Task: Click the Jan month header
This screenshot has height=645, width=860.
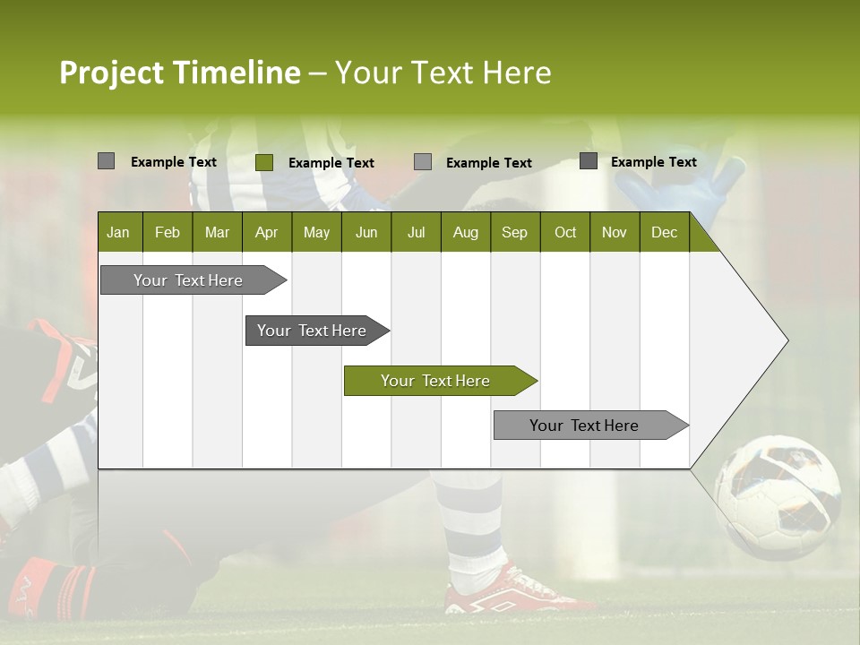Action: tap(118, 232)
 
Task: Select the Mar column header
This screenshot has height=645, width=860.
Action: tap(217, 232)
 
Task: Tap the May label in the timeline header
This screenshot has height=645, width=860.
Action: tap(316, 232)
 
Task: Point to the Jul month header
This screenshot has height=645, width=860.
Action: tap(416, 232)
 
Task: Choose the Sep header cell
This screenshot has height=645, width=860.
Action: tap(514, 232)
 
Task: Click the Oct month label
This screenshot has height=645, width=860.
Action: tap(565, 232)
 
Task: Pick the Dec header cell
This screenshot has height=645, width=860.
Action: tap(664, 232)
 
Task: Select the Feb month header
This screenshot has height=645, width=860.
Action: tap(168, 232)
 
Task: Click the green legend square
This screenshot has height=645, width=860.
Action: tap(264, 162)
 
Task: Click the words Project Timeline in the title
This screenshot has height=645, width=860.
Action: tap(179, 73)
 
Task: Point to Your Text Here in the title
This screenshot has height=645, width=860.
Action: tap(443, 73)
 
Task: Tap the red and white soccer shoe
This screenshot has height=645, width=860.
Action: tap(507, 591)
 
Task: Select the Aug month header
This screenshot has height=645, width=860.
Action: tap(465, 232)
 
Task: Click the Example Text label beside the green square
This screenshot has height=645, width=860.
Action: tap(331, 163)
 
